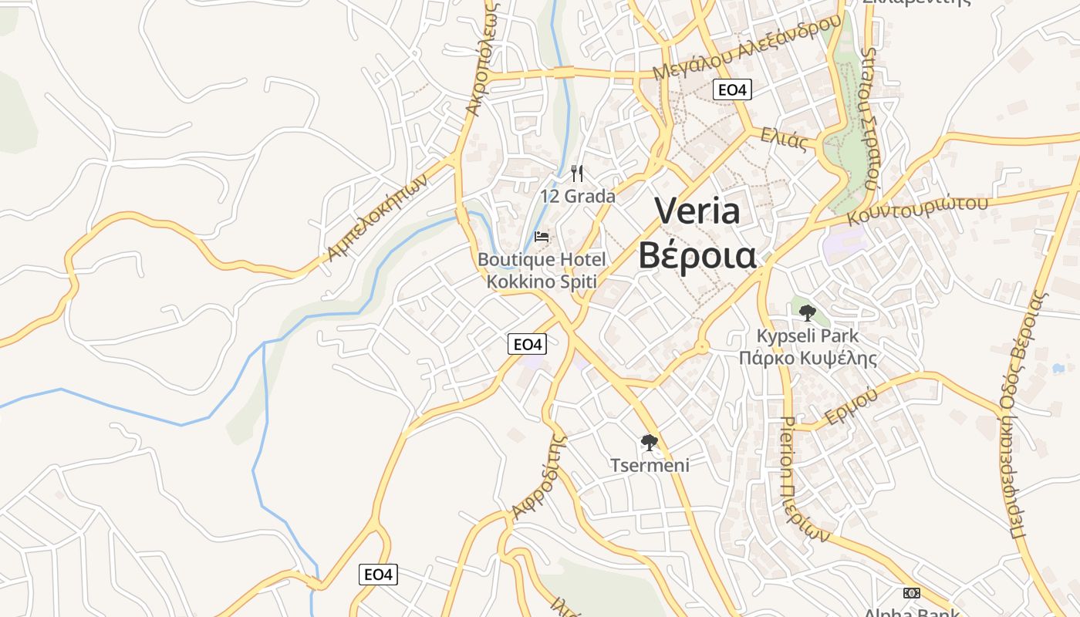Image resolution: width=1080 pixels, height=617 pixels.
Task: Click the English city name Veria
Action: [x=697, y=211]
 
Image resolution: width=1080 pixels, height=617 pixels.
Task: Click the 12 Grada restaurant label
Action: [x=578, y=196]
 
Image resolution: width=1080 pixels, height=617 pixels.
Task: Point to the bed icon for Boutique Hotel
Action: [x=542, y=236]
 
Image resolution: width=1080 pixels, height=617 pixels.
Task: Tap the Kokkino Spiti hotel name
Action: [x=542, y=281]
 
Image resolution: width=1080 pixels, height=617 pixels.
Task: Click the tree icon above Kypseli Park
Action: [x=808, y=313]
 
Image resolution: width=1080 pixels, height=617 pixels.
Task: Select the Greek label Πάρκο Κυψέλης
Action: [x=808, y=358]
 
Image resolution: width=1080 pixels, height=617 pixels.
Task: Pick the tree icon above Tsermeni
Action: [x=650, y=443]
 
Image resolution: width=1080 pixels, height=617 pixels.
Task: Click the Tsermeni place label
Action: [x=650, y=465]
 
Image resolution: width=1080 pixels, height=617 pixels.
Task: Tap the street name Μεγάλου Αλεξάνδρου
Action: [x=747, y=47]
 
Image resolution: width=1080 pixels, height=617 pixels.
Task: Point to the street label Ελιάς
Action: [x=784, y=140]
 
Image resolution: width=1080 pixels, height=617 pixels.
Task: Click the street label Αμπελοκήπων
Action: [x=377, y=216]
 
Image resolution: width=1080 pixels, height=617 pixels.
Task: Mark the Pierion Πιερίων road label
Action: [x=803, y=478]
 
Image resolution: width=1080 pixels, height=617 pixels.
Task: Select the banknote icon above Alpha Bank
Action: [x=912, y=593]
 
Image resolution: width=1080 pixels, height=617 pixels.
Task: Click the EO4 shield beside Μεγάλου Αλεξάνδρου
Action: [x=732, y=89]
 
